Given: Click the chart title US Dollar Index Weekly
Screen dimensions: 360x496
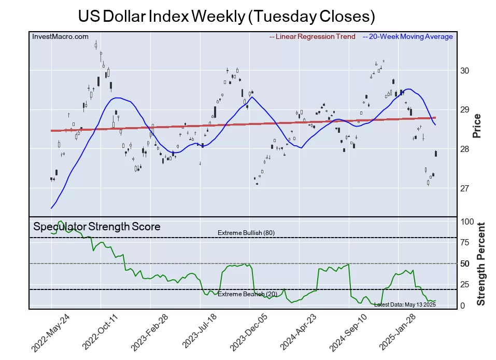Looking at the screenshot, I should coord(226,16).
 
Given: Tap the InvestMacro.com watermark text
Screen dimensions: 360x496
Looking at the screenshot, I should coord(60,37).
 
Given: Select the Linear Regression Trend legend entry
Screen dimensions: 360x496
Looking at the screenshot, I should coord(313,37).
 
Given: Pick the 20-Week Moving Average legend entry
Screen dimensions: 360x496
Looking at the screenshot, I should coord(408,37).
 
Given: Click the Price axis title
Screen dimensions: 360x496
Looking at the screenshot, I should coord(477,126).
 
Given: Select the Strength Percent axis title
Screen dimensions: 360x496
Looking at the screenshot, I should coord(481,264).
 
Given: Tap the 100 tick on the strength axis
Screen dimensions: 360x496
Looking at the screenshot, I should coord(467,221).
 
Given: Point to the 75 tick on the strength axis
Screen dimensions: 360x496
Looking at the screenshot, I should coord(465,242).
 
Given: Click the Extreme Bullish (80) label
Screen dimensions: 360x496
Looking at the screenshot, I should coord(246,233).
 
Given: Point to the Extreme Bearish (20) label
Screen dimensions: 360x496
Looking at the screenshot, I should coord(246,294).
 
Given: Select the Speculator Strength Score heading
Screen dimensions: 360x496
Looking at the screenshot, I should coord(97,227).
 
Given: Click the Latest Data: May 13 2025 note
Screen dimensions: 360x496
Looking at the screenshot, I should coord(405,304).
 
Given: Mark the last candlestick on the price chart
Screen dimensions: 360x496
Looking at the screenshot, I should coord(436,154).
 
